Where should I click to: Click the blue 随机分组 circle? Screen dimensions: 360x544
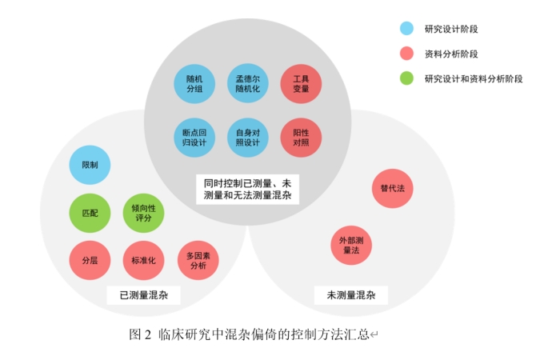coord(194,84)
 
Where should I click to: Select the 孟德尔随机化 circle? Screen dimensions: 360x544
coord(247,84)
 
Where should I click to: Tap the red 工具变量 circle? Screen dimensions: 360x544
coord(301,84)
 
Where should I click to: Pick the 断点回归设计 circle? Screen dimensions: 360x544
coord(194,137)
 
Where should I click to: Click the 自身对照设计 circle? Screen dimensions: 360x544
coord(247,137)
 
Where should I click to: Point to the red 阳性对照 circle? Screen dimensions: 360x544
coord(301,137)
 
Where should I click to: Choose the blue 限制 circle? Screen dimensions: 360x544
coord(90,166)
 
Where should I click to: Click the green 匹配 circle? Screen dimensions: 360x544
coord(90,214)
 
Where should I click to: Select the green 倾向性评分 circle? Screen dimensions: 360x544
coord(143,214)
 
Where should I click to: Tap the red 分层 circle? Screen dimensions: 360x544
coord(90,260)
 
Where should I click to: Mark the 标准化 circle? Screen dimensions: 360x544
coord(143,260)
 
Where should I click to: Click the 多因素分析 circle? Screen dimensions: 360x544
coord(198,260)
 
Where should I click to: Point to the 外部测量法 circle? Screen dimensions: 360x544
coord(351,245)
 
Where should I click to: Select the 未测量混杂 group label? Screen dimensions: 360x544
coord(350,296)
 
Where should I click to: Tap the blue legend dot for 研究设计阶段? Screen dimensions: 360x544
coord(406,29)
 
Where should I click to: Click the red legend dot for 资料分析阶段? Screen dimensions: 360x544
coord(406,54)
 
